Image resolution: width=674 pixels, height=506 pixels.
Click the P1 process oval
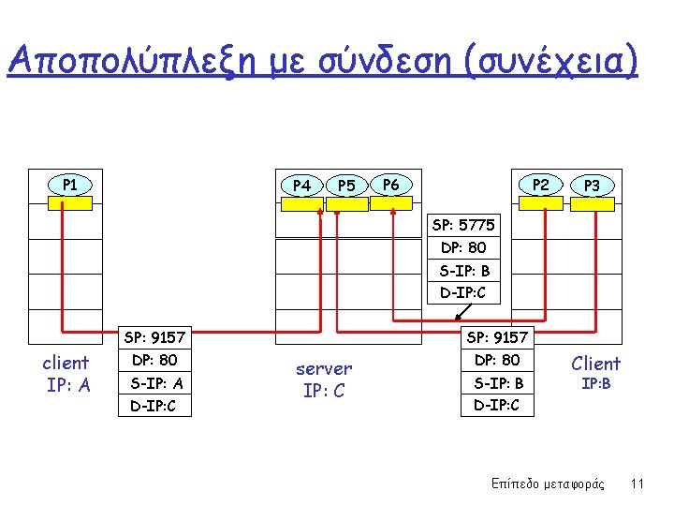point(69,184)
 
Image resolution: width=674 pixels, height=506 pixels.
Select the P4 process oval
point(301,185)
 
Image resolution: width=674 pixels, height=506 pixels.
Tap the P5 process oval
point(346,185)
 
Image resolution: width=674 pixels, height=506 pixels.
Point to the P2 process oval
point(541,185)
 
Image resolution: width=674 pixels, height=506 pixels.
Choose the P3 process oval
point(592,186)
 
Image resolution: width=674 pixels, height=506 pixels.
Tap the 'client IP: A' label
point(66,373)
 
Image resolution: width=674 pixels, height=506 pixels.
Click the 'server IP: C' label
point(324,379)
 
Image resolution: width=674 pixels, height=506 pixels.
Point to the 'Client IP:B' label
point(595,372)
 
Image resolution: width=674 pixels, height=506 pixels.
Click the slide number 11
point(637,484)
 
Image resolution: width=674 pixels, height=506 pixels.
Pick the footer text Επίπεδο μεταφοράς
point(548,484)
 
